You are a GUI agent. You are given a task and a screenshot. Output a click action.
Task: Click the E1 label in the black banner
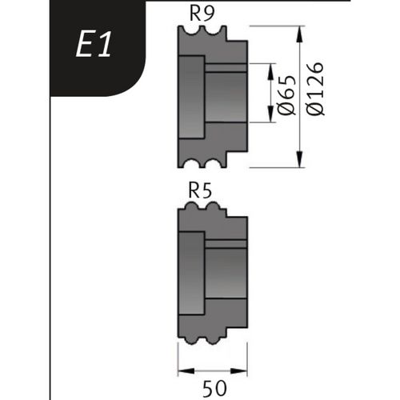95,46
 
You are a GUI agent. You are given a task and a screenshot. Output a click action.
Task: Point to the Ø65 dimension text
289,94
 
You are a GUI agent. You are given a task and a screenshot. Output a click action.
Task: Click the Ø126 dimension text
315,90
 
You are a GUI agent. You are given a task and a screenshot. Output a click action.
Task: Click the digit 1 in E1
106,46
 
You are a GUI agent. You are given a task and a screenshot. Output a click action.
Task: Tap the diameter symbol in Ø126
315,112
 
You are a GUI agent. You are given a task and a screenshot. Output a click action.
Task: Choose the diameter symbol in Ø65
289,110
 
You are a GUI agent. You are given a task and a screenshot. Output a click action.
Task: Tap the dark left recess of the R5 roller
192,271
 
